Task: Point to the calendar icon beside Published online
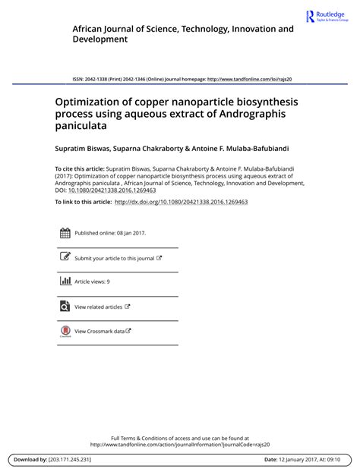point(65,233)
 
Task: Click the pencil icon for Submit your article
point(65,257)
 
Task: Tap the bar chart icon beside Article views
point(65,282)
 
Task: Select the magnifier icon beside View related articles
point(65,307)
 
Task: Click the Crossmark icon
point(65,332)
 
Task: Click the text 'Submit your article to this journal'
point(114,258)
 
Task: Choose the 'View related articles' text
point(99,307)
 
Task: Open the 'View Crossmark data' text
point(99,331)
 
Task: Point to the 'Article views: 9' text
point(92,282)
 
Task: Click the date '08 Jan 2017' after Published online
point(129,233)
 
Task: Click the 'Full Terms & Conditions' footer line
point(180,438)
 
